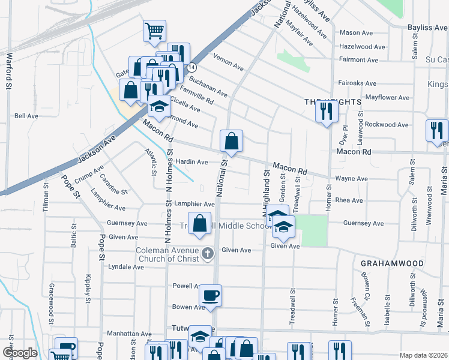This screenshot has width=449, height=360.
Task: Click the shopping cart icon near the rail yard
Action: [x=155, y=29]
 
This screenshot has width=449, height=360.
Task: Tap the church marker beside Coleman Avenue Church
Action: [x=208, y=253]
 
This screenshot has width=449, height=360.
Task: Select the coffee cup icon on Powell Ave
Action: [x=210, y=295]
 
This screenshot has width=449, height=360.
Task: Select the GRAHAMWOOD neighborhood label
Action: [x=393, y=263]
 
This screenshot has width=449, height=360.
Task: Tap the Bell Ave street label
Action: [x=26, y=116]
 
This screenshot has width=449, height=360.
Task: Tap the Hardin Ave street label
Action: [x=191, y=162]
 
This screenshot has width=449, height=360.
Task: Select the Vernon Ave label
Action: [x=229, y=61]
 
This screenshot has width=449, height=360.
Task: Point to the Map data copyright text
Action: [x=423, y=355]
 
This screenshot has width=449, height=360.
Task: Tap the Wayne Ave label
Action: [x=351, y=179]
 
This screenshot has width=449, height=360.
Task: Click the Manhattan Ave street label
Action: [x=128, y=334]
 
